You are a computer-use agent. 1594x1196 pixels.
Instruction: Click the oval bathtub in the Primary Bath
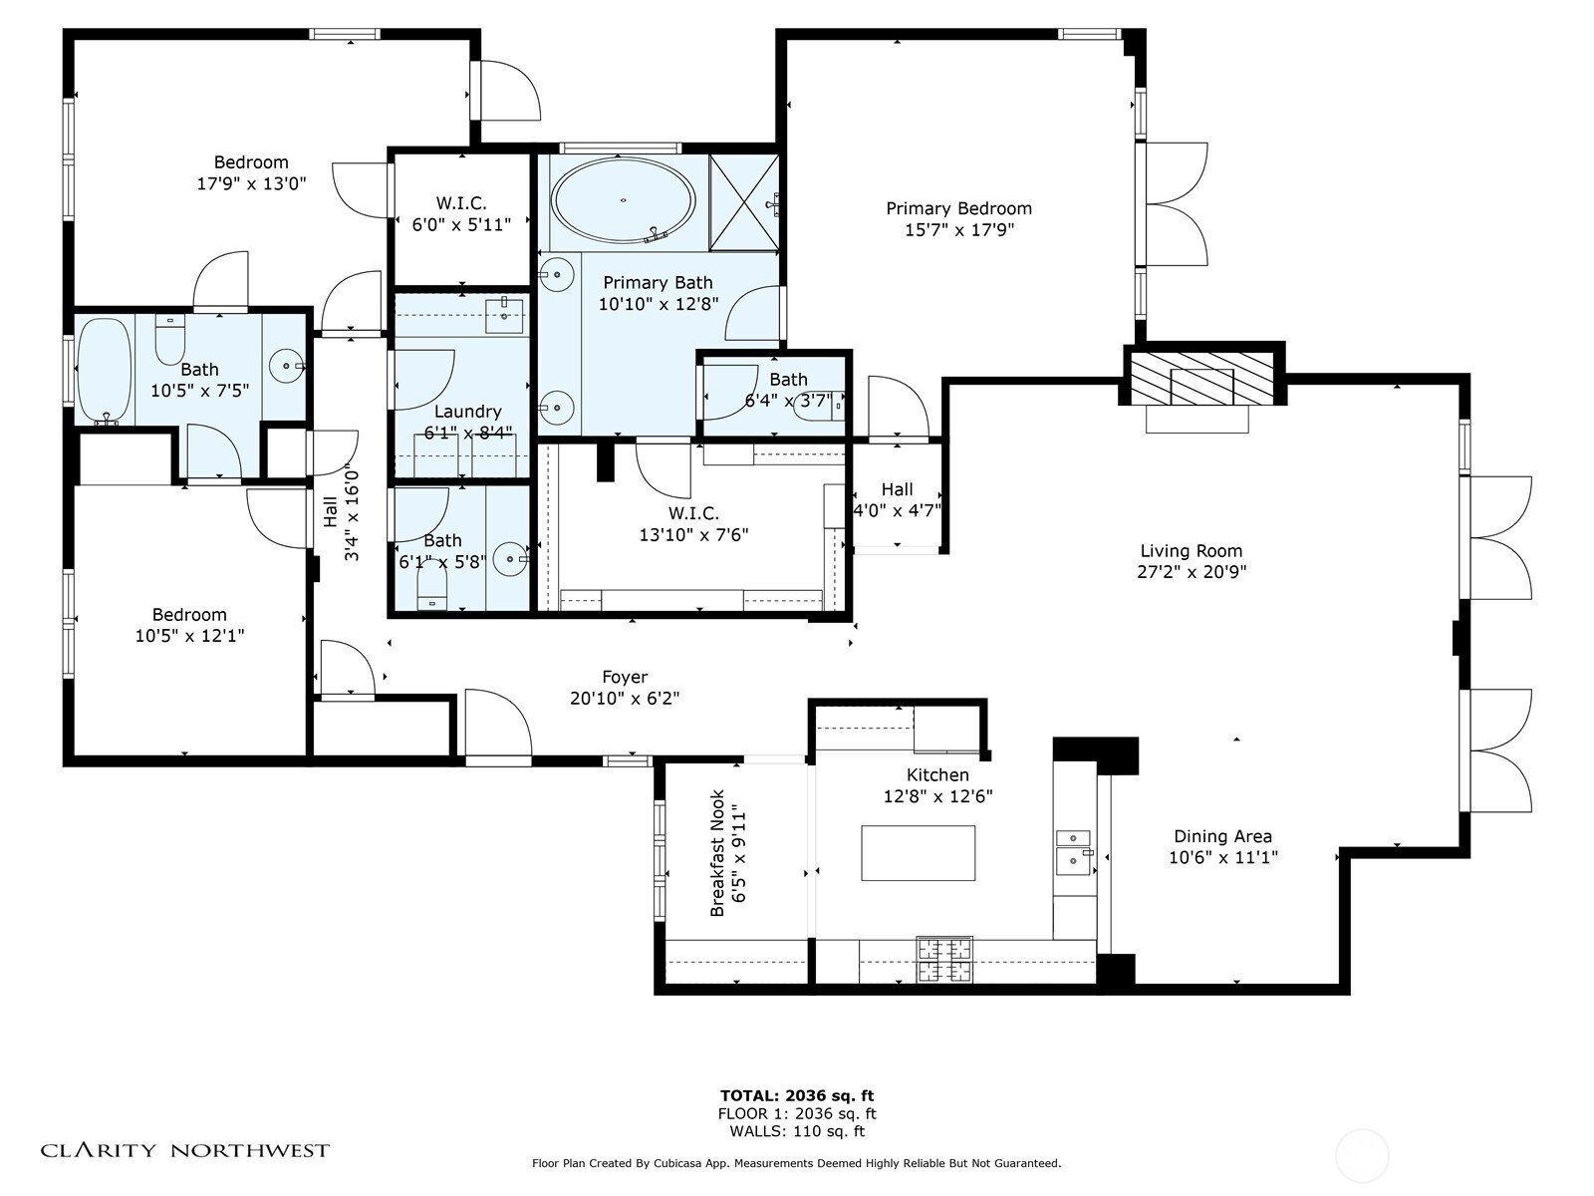click(623, 199)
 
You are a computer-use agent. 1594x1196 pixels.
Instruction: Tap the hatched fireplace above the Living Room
click(1203, 375)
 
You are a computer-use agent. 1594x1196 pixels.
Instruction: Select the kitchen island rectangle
click(918, 853)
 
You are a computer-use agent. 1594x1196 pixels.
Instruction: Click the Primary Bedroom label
click(958, 208)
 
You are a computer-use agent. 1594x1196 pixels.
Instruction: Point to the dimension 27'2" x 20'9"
click(1192, 572)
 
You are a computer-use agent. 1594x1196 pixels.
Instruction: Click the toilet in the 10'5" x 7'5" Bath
click(170, 341)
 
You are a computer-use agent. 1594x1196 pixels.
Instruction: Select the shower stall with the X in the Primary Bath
click(742, 202)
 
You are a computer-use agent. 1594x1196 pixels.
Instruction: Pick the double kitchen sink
click(1073, 848)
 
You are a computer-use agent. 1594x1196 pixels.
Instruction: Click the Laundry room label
click(467, 411)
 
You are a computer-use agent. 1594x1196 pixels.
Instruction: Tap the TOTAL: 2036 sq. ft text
click(797, 1095)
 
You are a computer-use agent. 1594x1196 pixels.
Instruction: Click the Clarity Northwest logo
click(184, 1150)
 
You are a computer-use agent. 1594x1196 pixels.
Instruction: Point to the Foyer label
click(625, 677)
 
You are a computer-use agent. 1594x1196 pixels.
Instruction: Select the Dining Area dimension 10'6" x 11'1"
click(1222, 856)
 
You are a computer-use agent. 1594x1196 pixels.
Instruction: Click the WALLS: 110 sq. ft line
click(797, 1131)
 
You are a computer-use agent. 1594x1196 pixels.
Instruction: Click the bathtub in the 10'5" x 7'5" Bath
click(103, 369)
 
